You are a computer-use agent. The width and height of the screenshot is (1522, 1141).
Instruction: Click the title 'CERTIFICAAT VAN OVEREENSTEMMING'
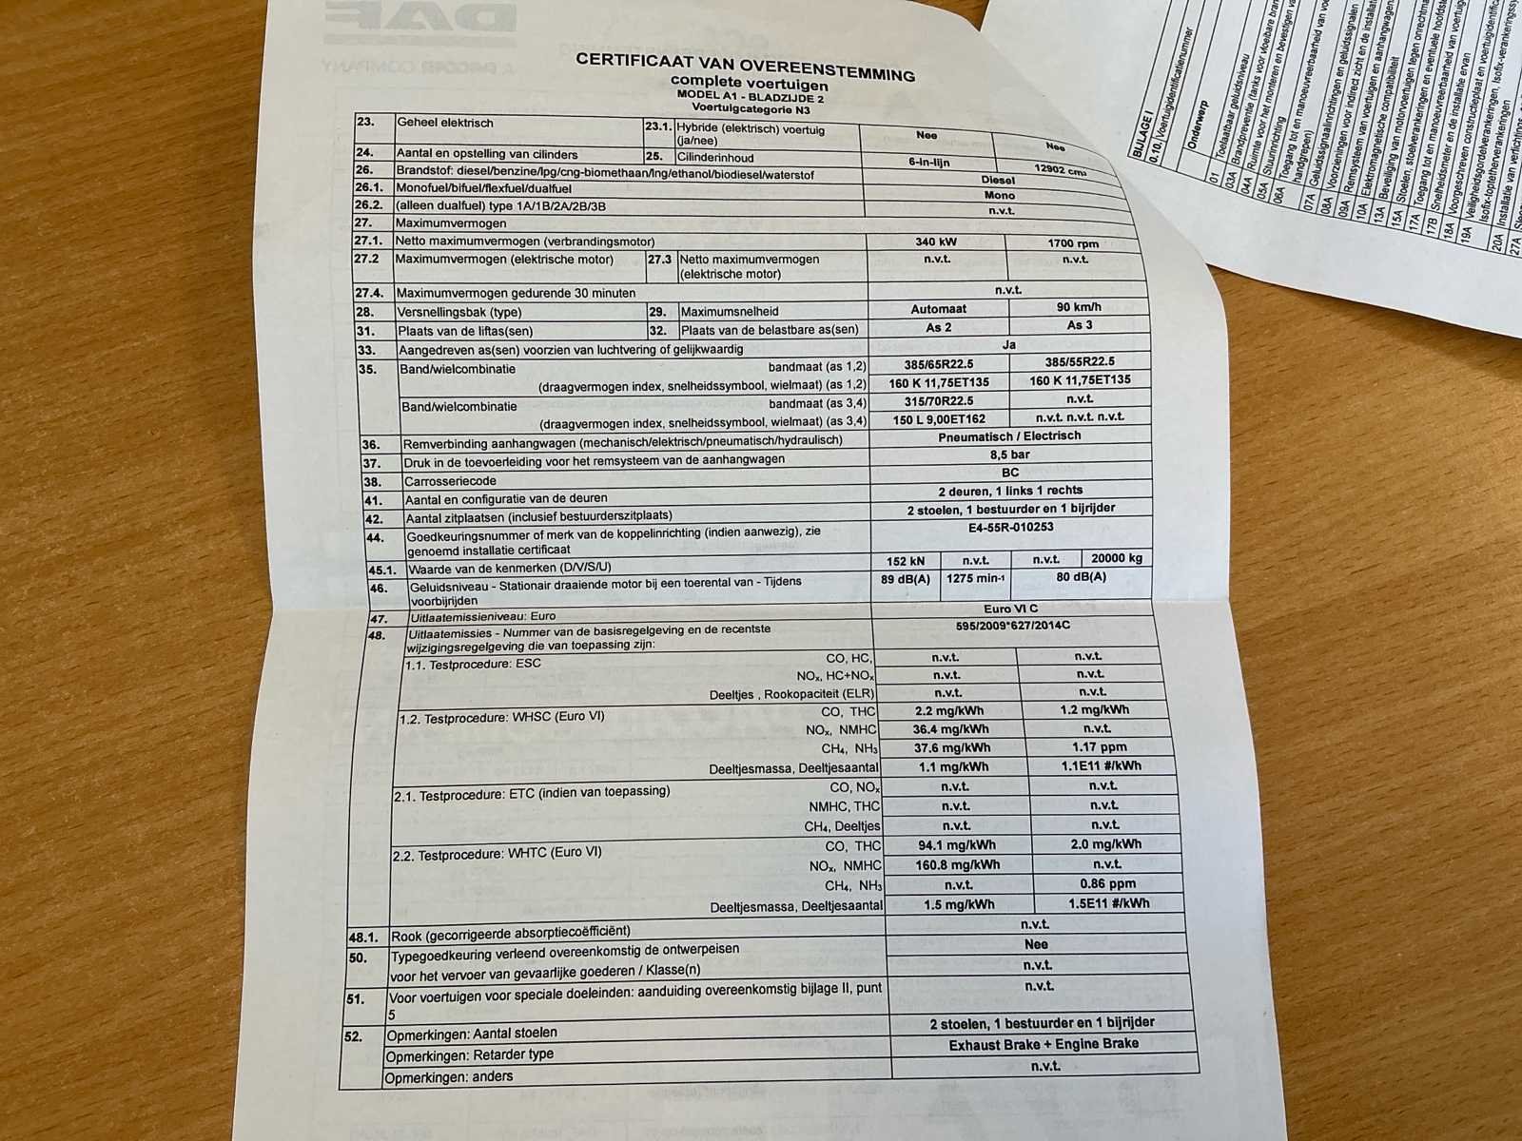(x=745, y=67)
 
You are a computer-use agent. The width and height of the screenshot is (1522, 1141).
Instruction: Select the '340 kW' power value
(x=935, y=242)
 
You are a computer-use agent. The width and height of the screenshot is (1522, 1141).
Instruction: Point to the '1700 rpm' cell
(x=1073, y=243)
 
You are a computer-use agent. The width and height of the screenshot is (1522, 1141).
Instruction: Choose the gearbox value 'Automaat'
(x=938, y=308)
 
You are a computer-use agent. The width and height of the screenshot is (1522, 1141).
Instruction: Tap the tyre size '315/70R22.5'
(x=941, y=400)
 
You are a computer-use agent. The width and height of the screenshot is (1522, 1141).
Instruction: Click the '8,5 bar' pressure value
(x=1010, y=454)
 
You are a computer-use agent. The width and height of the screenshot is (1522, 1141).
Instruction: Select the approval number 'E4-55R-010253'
(x=1011, y=527)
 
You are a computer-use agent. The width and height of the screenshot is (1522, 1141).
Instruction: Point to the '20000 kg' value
(x=1117, y=558)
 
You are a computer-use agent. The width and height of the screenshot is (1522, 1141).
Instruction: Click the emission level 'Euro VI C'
(x=1011, y=609)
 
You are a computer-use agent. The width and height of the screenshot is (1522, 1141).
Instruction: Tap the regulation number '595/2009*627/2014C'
(x=1013, y=626)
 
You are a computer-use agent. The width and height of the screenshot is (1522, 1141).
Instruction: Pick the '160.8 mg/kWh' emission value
(x=957, y=865)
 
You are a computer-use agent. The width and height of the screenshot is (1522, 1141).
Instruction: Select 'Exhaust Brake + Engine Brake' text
(x=1044, y=1044)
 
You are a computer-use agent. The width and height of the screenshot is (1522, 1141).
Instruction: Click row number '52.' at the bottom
(x=353, y=1036)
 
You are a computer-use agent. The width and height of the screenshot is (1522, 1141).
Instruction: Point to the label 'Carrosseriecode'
(x=451, y=481)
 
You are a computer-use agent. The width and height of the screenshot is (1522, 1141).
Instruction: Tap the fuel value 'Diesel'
(x=998, y=180)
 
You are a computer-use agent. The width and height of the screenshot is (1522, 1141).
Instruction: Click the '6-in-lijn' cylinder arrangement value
(x=928, y=162)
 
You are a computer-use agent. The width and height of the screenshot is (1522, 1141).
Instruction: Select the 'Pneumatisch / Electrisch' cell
(x=1009, y=436)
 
